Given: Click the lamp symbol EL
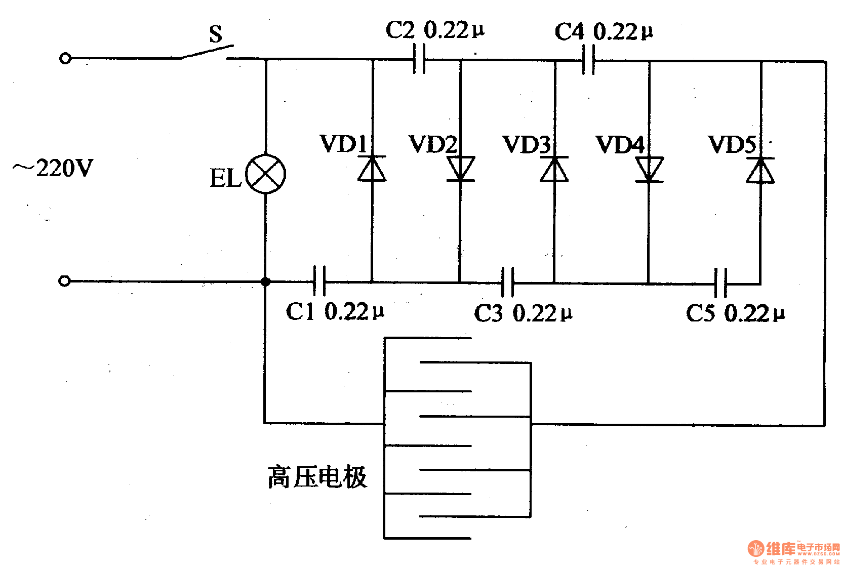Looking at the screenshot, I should (x=265, y=174).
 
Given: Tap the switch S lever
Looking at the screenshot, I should (x=207, y=52).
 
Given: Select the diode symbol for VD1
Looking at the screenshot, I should (x=372, y=169).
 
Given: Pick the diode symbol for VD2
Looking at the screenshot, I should (x=460, y=169).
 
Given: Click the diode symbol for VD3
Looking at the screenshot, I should (x=554, y=169).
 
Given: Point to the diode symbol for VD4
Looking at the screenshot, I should (x=649, y=169).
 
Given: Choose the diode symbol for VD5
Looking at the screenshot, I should (x=760, y=170).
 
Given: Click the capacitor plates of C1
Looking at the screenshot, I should (x=319, y=281).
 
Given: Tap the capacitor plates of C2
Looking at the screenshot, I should (x=419, y=59).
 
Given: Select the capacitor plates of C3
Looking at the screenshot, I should (x=507, y=282).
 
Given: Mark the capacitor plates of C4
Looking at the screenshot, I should (x=588, y=60).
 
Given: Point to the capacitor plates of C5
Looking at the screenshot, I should (x=720, y=283).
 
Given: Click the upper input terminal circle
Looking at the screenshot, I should (x=65, y=58).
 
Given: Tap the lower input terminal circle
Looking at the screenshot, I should (x=64, y=280).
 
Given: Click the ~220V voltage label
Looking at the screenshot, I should (x=53, y=168).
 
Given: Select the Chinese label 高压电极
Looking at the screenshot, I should (x=317, y=477).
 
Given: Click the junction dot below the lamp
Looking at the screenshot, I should (x=265, y=281).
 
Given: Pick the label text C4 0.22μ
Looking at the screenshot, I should (x=604, y=32).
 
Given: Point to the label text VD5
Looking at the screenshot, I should (x=732, y=145).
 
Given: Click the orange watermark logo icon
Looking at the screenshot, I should (x=755, y=549).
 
